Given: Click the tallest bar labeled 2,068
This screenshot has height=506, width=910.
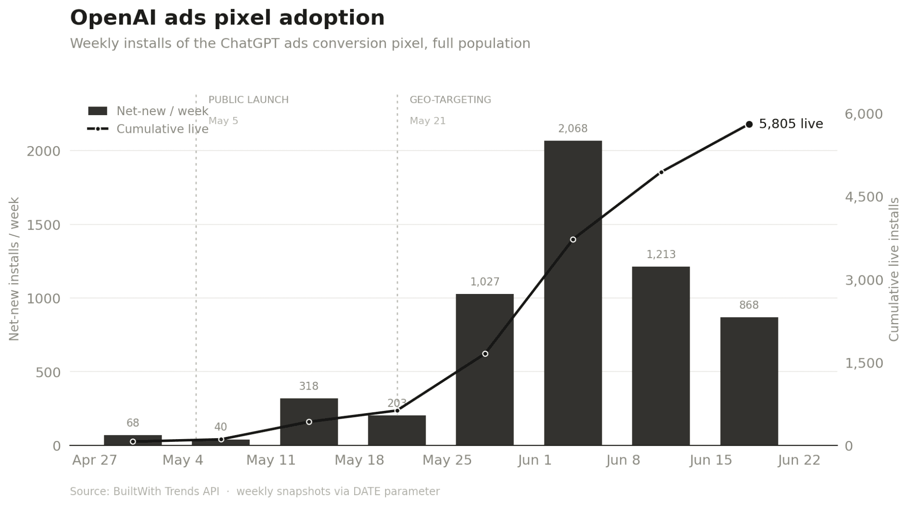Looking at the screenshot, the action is coord(573,293).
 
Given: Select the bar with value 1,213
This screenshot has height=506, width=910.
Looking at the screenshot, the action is coord(661,356).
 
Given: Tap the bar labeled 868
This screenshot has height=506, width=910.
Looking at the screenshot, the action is coord(749,381).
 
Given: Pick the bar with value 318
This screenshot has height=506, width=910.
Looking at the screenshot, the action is coord(309,422).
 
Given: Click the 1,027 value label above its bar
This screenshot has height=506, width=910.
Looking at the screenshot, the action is coord(485,282).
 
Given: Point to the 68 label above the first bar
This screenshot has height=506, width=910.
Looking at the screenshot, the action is coord(132,423).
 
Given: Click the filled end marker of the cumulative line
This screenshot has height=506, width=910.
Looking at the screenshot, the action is coord(749,124).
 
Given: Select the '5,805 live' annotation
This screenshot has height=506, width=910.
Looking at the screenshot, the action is coord(791,124).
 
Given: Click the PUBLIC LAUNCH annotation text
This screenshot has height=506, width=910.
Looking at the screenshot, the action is coord(249,100).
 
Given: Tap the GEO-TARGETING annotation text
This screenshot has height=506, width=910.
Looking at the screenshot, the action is coord(450,100).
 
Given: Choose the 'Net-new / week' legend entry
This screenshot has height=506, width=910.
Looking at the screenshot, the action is coord(148,111).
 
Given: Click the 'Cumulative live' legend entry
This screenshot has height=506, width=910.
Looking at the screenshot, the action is coord(148,129).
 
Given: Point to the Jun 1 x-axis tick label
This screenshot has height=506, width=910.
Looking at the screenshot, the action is coord(534,460).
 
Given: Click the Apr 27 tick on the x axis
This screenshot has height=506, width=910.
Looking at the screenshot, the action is coord(95,460).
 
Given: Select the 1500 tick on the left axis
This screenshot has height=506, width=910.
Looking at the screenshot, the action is coord(44,225).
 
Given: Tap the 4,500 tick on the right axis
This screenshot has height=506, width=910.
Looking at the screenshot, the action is coord(864,197).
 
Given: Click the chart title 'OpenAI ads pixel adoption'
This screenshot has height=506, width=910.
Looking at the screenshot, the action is coord(227,18).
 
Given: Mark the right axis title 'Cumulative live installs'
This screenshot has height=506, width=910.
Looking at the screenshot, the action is coord(894,269).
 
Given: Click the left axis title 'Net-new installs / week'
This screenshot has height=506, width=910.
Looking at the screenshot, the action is coord(14,269).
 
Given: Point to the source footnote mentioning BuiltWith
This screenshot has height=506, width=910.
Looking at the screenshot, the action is coord(254,491).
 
